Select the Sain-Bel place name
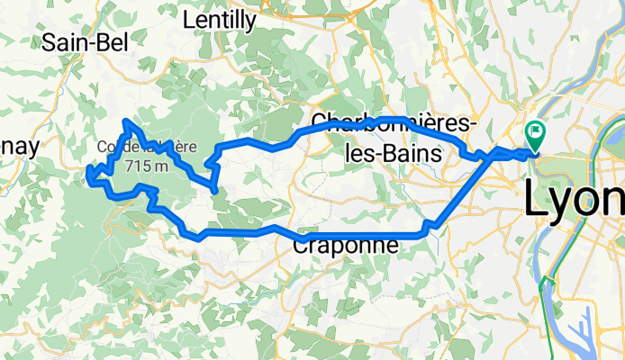pos(86,41)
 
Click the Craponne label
pos(346,244)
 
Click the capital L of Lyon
pos(536,198)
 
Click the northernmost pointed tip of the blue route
pos(126,121)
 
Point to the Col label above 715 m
pos(110,147)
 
